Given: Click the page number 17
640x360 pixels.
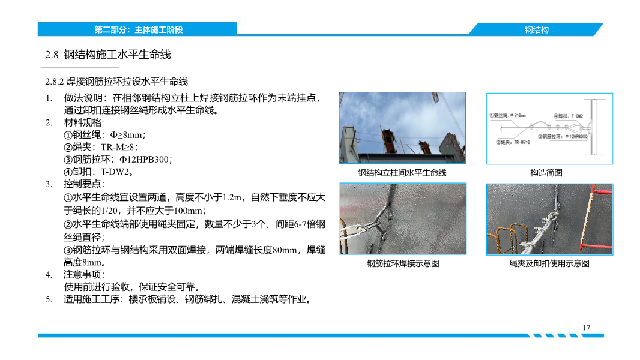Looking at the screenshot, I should click(x=586, y=327).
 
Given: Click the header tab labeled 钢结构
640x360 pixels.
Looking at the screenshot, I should click(x=536, y=29).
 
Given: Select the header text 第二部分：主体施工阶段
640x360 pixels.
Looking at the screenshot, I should click(x=138, y=29).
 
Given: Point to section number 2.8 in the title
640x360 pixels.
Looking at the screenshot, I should click(x=52, y=55).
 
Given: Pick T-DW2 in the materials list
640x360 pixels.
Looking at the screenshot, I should click(x=116, y=172).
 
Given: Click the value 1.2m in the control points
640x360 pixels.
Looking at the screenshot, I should click(x=232, y=197).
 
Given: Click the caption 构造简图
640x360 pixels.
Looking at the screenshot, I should click(x=546, y=173).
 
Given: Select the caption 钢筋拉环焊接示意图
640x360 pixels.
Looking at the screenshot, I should click(x=403, y=263).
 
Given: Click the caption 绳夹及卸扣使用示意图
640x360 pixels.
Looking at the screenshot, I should click(x=549, y=263).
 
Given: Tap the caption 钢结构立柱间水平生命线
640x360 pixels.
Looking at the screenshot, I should click(x=402, y=173).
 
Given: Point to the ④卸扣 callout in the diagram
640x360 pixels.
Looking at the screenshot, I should click(x=567, y=115).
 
